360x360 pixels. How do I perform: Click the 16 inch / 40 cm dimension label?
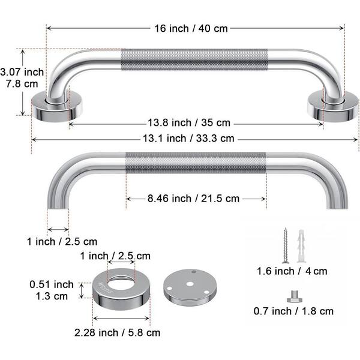point(191,29)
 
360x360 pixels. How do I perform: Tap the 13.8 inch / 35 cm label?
point(189,122)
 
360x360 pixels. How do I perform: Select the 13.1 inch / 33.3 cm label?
point(188,139)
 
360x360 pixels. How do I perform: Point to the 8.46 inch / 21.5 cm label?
point(193,199)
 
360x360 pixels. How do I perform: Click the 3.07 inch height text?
point(22,72)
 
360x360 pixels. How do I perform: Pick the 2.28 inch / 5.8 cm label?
point(117,332)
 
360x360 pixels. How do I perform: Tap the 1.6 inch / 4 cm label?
point(292,271)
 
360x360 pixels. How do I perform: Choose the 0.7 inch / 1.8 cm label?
point(293,311)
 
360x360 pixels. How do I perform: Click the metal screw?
point(286,245)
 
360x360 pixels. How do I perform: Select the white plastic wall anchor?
point(301,246)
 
